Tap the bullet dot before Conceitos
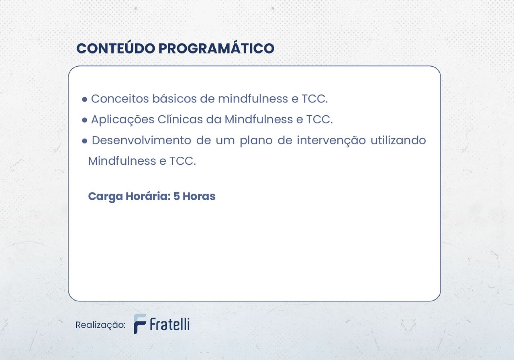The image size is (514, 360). tap(85, 99)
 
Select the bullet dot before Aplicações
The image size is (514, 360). tap(85, 120)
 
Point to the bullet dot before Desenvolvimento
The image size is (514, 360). tap(85, 141)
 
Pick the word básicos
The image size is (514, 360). tap(175, 99)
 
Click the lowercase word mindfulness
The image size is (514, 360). tap(253, 99)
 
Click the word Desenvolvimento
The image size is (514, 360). tap(141, 140)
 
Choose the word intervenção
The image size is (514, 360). tap(331, 141)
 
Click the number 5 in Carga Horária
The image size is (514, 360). tap(176, 196)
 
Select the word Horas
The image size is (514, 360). tap(199, 196)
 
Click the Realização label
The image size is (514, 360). tap(100, 325)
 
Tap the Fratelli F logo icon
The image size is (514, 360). tap(140, 324)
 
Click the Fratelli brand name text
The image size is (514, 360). tap(170, 324)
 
